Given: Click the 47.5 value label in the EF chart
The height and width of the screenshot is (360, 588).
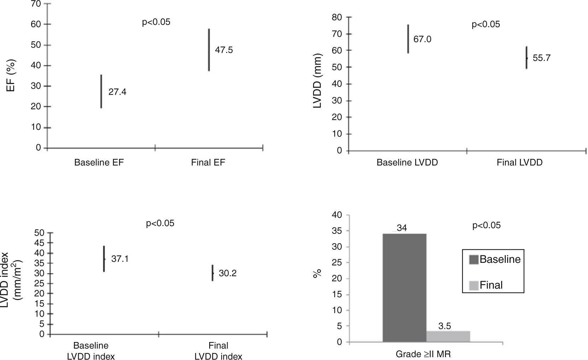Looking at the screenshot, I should [224, 50].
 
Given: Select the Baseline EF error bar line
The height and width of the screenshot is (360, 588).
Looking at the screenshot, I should [101, 91].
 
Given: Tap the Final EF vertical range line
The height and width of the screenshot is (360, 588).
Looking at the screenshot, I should [209, 50].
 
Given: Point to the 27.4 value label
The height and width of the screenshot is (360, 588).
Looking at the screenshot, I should [117, 92].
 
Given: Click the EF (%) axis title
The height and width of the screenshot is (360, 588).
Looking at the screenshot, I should [11, 75].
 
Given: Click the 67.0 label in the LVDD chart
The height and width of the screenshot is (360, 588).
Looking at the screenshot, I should [422, 39].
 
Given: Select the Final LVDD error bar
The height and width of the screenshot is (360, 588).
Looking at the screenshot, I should [526, 58].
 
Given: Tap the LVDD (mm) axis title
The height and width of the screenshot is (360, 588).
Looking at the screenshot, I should [318, 81].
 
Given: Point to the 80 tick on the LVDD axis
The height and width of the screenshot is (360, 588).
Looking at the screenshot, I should [337, 17].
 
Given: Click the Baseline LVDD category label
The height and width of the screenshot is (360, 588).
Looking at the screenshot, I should [407, 163].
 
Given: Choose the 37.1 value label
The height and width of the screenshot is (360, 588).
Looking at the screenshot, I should [120, 259].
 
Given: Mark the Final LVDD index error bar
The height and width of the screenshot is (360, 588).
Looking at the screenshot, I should [212, 273].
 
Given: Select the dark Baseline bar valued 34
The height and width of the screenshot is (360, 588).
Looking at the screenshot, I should [404, 288].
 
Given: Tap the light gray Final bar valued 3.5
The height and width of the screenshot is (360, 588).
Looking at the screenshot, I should [448, 336].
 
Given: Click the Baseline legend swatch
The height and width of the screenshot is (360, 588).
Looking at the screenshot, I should [474, 260].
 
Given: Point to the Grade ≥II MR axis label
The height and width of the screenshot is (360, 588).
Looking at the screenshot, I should [423, 354].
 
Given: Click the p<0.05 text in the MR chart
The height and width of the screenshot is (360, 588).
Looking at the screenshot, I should [486, 225].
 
